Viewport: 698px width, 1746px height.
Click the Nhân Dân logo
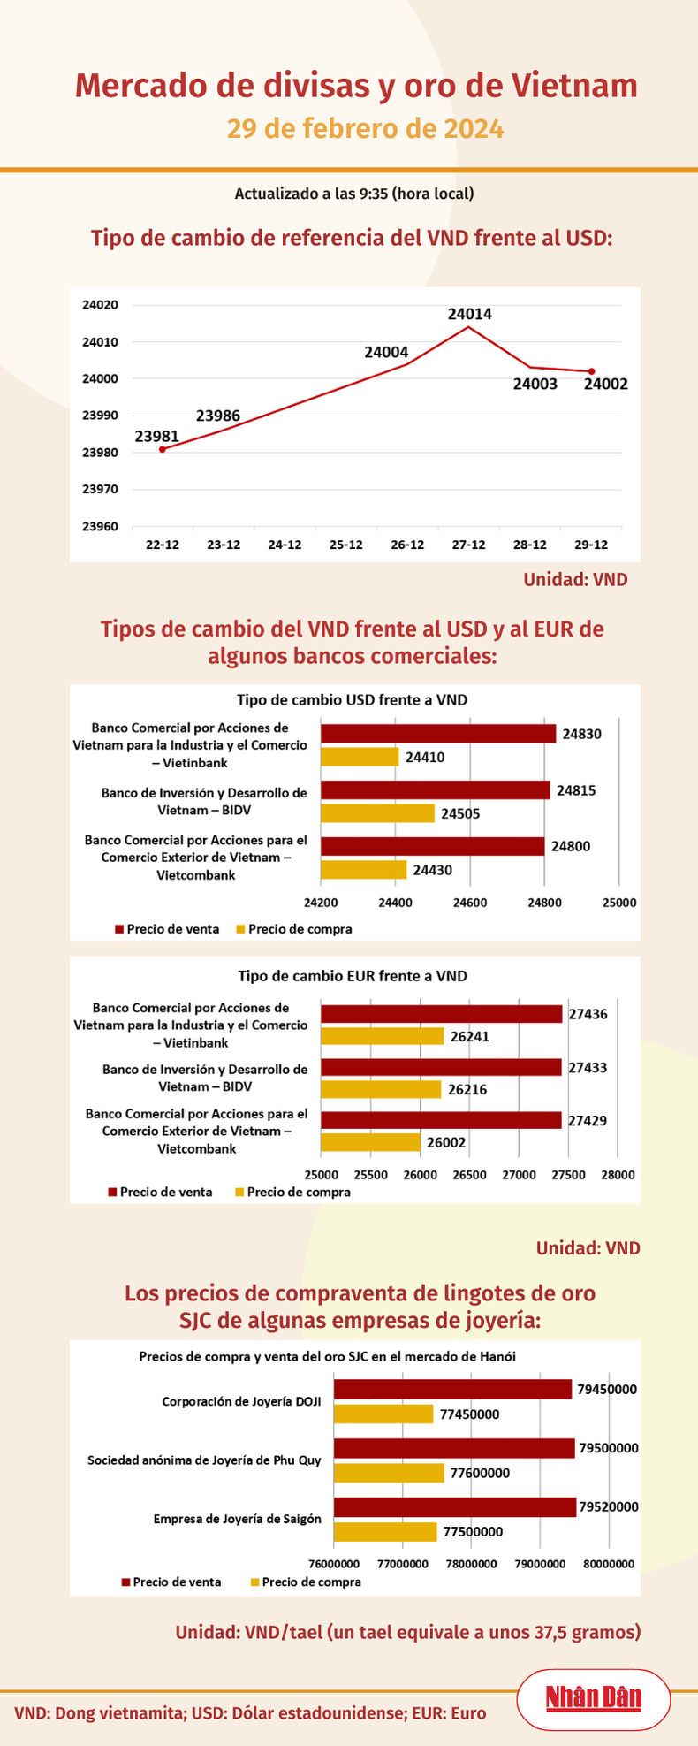pyautogui.click(x=593, y=1697)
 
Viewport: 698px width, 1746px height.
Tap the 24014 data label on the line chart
pyautogui.click(x=469, y=314)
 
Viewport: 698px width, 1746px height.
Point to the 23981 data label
pyautogui.click(x=157, y=436)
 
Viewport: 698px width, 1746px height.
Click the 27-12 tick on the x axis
pyautogui.click(x=468, y=545)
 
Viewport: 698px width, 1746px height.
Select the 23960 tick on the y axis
pyautogui.click(x=100, y=527)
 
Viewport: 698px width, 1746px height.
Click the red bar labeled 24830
pyautogui.click(x=438, y=734)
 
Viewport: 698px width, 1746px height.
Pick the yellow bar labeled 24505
pyautogui.click(x=377, y=813)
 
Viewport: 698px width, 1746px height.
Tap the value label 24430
pyautogui.click(x=432, y=870)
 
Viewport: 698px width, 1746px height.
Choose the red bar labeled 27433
pyautogui.click(x=441, y=1068)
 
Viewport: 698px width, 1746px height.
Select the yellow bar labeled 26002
pyautogui.click(x=370, y=1142)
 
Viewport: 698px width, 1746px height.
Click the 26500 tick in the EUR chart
pyautogui.click(x=469, y=1175)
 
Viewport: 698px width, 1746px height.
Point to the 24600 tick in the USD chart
pyautogui.click(x=469, y=903)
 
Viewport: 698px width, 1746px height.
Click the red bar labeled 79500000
pyautogui.click(x=453, y=1448)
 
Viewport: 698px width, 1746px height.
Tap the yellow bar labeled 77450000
pyautogui.click(x=383, y=1414)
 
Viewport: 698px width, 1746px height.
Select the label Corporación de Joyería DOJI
pyautogui.click(x=241, y=1401)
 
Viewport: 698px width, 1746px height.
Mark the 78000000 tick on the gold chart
pyautogui.click(x=471, y=1563)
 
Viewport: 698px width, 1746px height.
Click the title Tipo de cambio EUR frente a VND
pyautogui.click(x=353, y=976)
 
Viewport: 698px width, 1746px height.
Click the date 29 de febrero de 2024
pyautogui.click(x=365, y=129)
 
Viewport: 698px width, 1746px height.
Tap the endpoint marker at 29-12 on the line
pyautogui.click(x=591, y=371)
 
